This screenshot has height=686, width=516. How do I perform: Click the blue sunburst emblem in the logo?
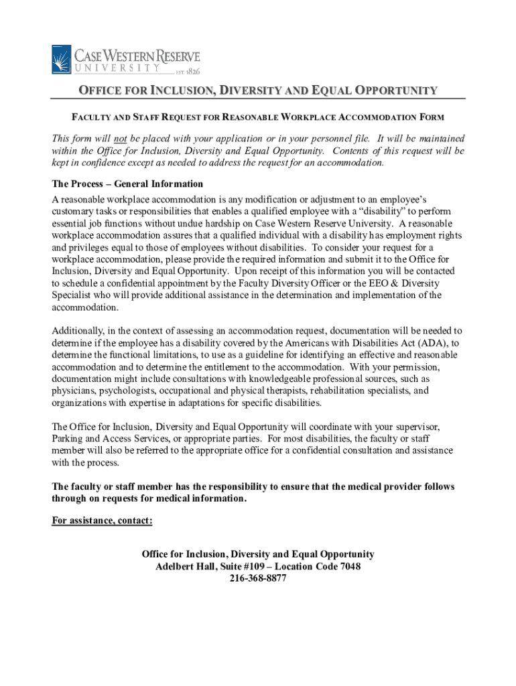(x=62, y=59)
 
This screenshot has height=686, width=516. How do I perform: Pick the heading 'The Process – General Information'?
(x=127, y=184)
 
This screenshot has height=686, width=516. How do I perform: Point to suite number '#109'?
(x=256, y=567)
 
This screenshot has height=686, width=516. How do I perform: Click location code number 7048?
(x=348, y=567)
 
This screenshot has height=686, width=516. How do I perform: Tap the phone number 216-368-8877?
(x=258, y=579)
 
